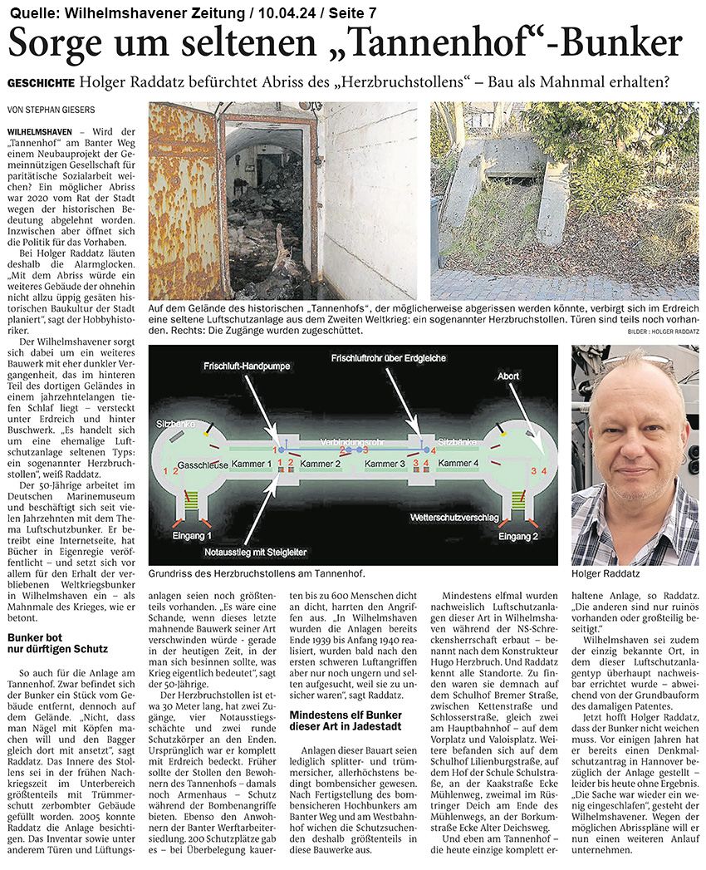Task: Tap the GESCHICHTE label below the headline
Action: (41, 84)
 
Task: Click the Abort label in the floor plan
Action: (508, 376)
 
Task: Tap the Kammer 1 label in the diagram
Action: (252, 462)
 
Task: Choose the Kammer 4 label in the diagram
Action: (458, 462)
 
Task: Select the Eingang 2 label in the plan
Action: (518, 536)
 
